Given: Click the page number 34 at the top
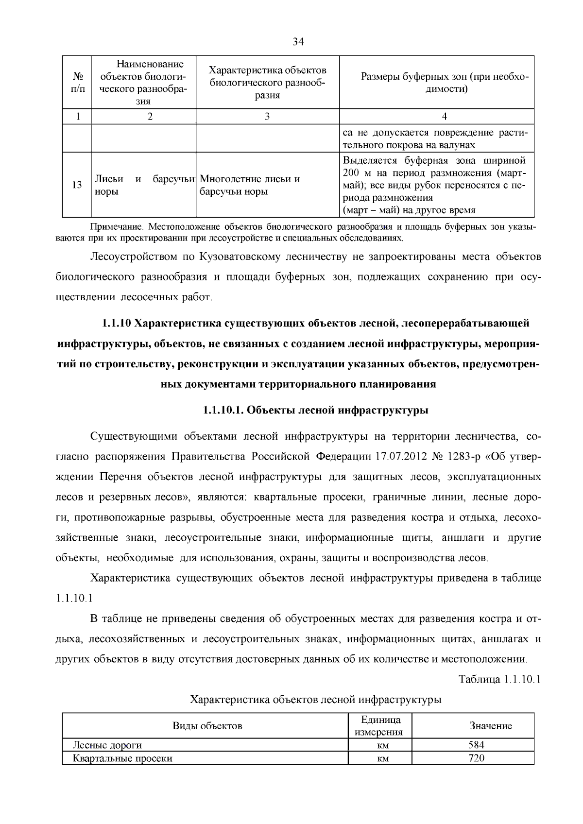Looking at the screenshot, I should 298,42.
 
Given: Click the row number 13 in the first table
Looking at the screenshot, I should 77,185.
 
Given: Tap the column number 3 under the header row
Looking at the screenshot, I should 267,116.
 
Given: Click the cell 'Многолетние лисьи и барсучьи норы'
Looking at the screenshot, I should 250,185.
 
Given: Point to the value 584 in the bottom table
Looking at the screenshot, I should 476,744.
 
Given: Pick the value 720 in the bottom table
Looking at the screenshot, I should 476,757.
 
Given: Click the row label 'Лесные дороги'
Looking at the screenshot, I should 107,745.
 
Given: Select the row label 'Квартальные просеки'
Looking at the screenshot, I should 122,758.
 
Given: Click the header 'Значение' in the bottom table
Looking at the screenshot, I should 491,726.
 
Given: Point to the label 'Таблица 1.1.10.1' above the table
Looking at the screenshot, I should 499,679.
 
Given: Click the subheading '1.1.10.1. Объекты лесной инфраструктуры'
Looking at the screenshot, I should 315,410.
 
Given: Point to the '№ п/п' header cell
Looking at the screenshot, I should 77,83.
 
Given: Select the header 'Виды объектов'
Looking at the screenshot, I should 207,726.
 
